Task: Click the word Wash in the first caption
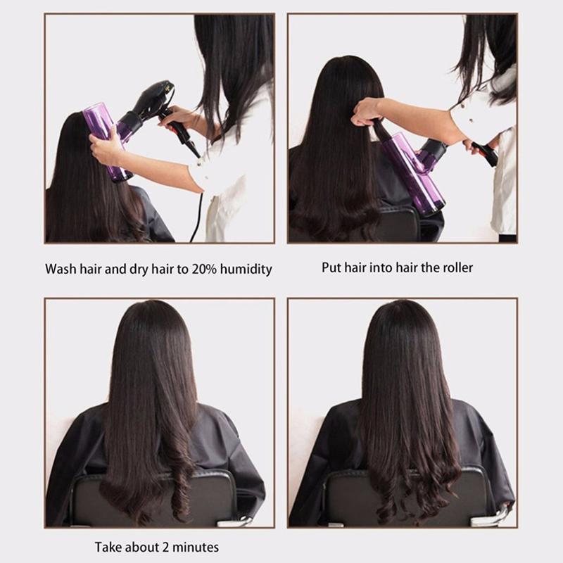point(61,270)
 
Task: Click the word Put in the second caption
point(332,267)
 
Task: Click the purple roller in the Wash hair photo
point(106,141)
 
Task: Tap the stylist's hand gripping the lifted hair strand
point(366,113)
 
